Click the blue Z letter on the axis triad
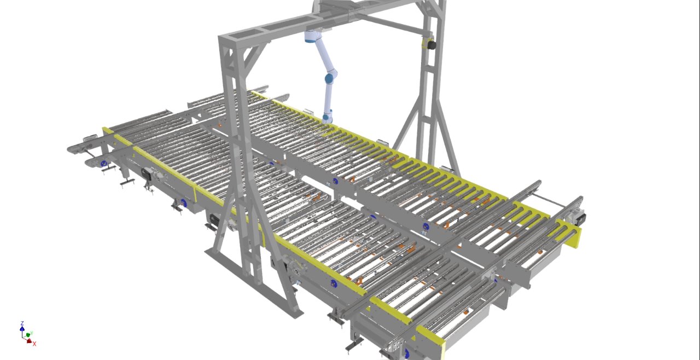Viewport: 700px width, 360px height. pyautogui.click(x=22, y=323)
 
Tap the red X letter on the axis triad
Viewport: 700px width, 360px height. pyautogui.click(x=34, y=344)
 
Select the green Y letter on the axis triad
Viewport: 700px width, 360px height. pyautogui.click(x=32, y=333)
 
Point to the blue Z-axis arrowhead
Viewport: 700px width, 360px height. pyautogui.click(x=22, y=328)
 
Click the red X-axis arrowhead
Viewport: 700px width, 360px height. pyautogui.click(x=30, y=341)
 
